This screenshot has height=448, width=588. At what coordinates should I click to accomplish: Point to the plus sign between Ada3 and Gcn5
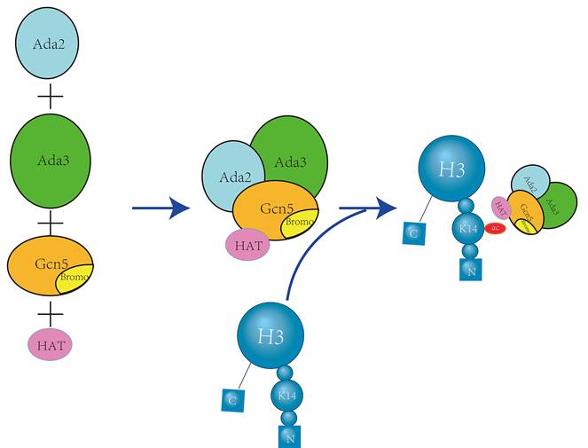click(x=51, y=220)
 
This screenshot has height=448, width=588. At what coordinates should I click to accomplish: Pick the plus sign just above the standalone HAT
click(x=51, y=312)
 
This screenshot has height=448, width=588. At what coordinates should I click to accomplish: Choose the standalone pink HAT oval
click(x=51, y=344)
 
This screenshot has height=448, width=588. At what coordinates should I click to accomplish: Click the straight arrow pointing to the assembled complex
click(x=161, y=208)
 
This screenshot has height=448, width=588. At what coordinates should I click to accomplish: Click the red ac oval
click(x=495, y=228)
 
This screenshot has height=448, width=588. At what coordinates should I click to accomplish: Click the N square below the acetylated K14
click(x=470, y=271)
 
